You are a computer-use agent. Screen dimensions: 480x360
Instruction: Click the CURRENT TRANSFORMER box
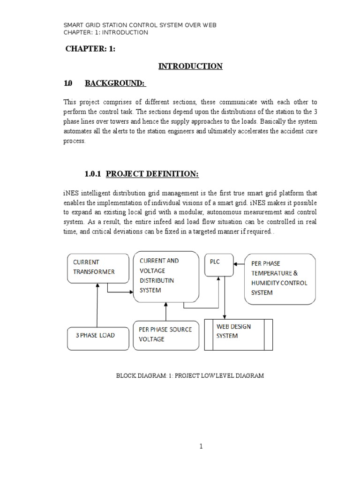(98, 269)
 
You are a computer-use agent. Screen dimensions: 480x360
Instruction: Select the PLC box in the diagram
(218, 265)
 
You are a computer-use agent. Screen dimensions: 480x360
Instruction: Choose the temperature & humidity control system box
(279, 278)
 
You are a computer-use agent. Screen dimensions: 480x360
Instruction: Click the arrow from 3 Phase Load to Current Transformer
(97, 305)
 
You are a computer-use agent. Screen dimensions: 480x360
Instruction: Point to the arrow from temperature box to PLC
(239, 263)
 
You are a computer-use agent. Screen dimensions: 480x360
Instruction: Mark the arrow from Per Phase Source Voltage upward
(165, 311)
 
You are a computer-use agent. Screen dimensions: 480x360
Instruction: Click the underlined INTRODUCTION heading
(190, 66)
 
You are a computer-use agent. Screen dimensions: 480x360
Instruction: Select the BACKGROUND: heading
(115, 83)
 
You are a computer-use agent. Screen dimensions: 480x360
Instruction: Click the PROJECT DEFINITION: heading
(152, 174)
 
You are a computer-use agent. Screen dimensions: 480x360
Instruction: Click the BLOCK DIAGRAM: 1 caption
(190, 375)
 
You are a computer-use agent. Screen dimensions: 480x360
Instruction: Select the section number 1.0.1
(94, 174)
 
